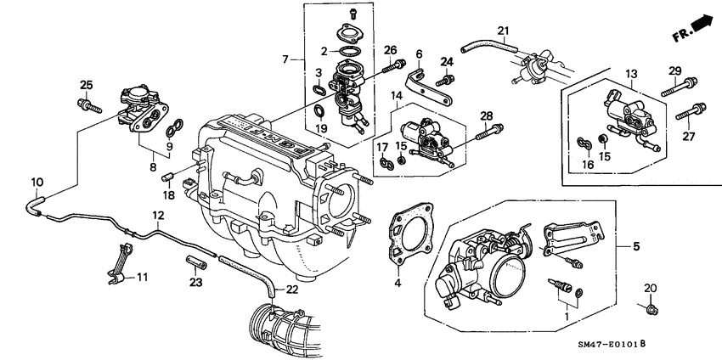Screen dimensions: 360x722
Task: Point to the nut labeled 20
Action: (650, 310)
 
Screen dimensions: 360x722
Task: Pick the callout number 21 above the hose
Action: (503, 33)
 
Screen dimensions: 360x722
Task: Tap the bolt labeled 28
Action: (493, 130)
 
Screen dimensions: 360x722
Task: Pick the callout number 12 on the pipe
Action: (158, 216)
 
